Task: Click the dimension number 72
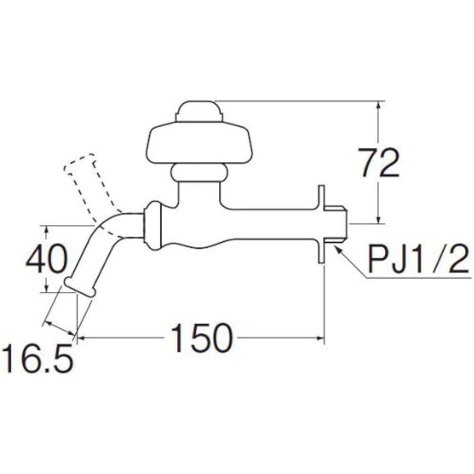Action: pos(378,163)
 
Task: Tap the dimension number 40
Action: pos(46,259)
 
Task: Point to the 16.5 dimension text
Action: pos(37,359)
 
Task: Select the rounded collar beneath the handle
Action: pos(199,173)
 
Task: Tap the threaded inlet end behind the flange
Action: pos(337,223)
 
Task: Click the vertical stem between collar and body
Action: pos(199,194)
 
